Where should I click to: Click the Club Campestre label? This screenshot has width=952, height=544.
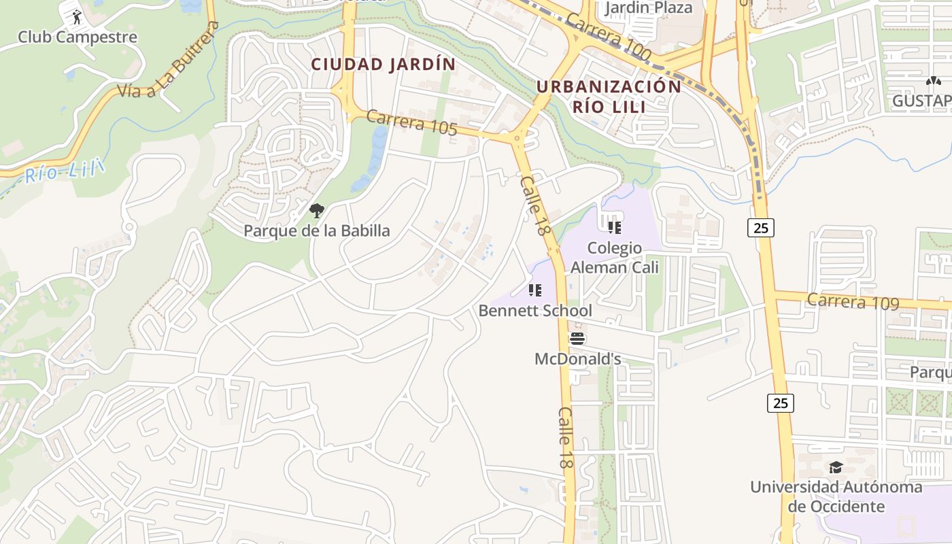pos(77,37)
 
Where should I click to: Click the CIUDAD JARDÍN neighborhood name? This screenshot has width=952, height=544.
pos(384,65)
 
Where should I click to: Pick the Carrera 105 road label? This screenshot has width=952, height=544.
pos(411,122)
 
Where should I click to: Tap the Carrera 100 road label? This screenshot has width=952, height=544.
pos(607,37)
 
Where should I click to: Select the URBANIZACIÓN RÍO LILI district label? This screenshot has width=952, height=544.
pos(609,96)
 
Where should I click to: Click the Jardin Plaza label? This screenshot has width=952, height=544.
pos(648,8)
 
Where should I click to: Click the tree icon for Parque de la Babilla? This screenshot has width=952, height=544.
pos(316,211)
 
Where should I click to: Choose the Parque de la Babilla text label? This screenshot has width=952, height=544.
pos(317,231)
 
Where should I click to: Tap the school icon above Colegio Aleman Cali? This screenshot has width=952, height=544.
pos(615,228)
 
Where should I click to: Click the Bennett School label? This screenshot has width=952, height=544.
pos(535,311)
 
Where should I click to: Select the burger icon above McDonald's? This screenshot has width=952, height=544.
pos(577,338)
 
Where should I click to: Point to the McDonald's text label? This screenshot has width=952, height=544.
pos(577,358)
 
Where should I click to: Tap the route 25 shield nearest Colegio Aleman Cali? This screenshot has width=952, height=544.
pos(761,228)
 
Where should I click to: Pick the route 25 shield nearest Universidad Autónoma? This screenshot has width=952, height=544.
pos(781,403)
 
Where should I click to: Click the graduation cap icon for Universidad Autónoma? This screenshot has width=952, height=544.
pos(836,467)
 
